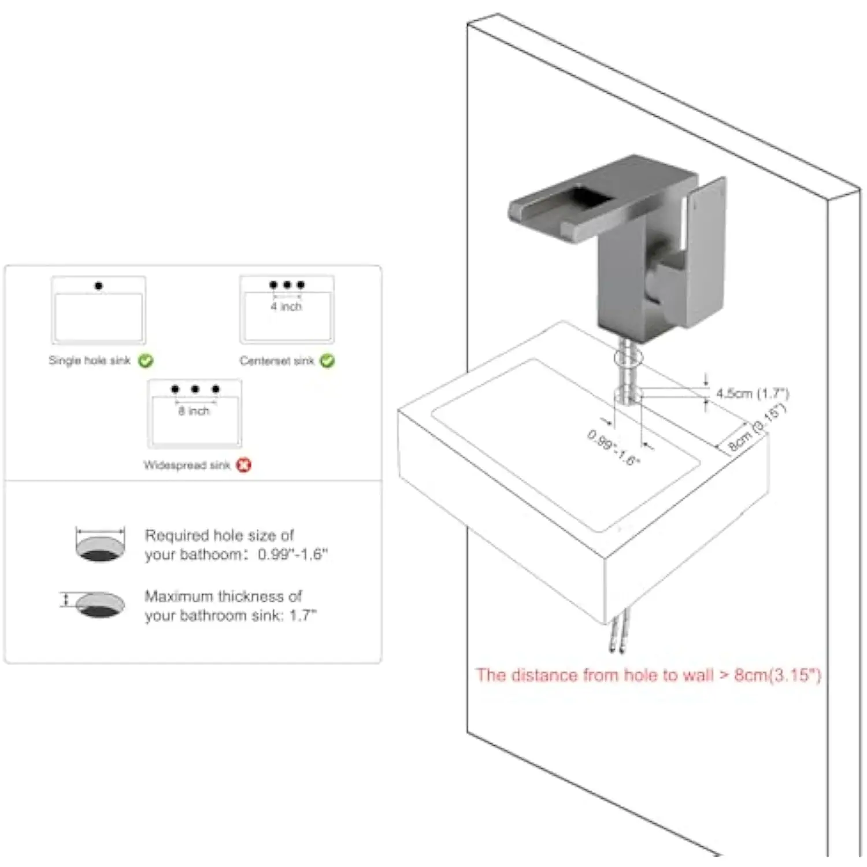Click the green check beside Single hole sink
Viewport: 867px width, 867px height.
(146, 361)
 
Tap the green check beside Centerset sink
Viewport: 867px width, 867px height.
(327, 361)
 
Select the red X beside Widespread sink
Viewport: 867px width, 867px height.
(244, 465)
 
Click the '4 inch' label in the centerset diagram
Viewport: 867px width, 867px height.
(286, 306)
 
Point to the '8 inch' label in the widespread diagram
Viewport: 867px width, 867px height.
(194, 411)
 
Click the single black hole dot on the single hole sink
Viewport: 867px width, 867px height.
(99, 286)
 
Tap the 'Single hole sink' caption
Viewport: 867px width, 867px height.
(90, 361)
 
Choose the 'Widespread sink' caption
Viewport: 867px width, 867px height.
(187, 465)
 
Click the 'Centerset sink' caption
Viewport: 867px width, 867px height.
(277, 361)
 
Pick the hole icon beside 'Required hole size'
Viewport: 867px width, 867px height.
(100, 544)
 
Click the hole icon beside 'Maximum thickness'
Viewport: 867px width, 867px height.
(100, 605)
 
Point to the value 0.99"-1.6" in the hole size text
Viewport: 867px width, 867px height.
(292, 554)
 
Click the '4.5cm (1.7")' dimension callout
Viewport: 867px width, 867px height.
(753, 394)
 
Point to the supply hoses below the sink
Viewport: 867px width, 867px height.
(617, 635)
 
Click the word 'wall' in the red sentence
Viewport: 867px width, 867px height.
(698, 675)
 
